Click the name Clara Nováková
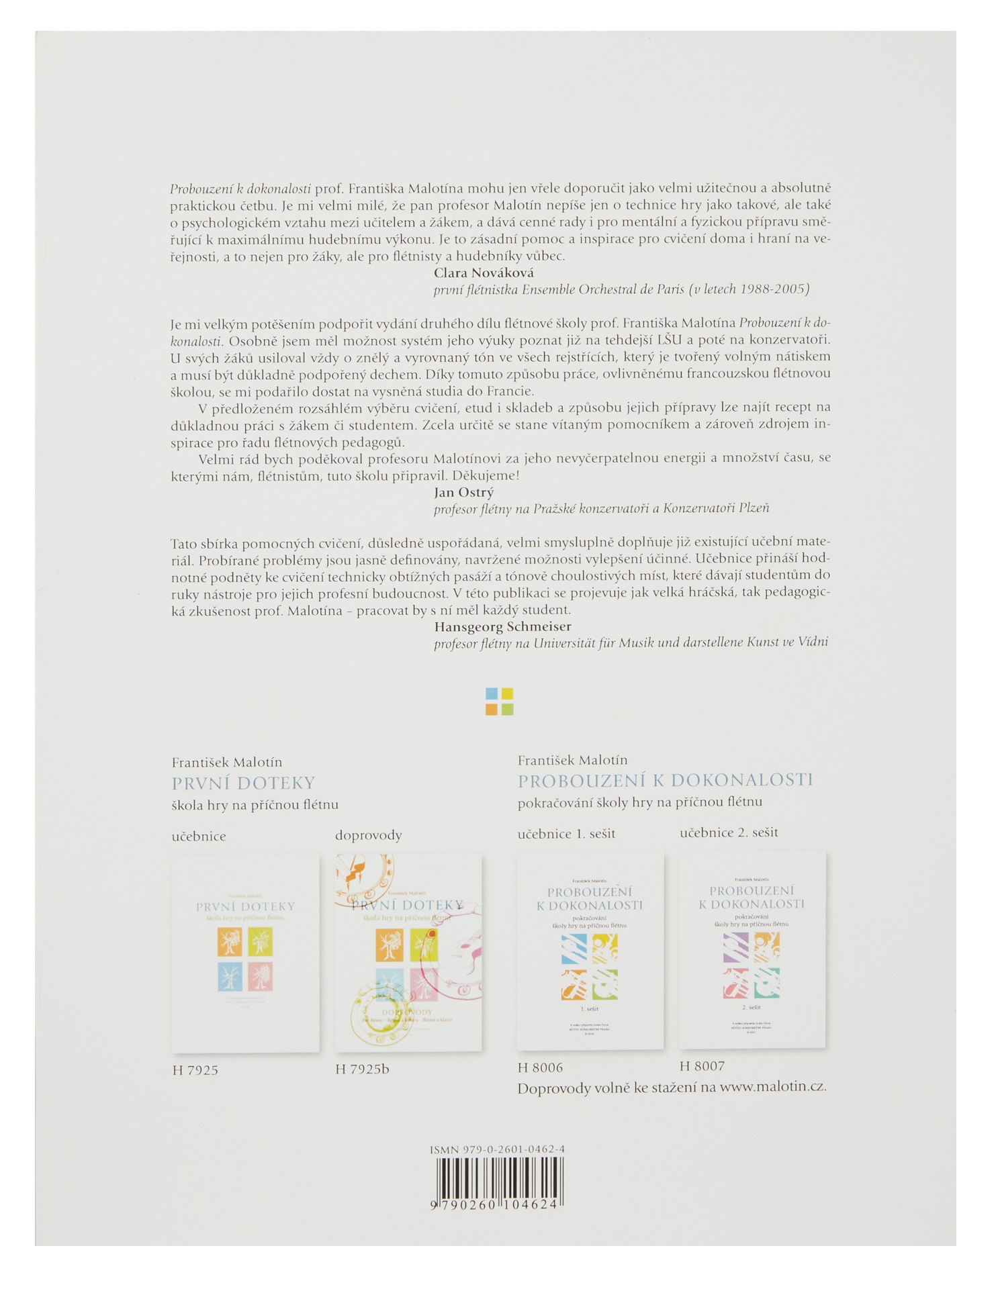(484, 273)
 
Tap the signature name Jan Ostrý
(463, 492)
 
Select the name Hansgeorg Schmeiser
(502, 626)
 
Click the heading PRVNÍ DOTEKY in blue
(243, 783)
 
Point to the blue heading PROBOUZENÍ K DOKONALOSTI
(665, 780)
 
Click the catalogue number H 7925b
(362, 1069)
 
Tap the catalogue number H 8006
(540, 1067)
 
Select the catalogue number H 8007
(702, 1065)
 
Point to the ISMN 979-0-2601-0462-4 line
(497, 1149)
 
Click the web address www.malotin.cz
(772, 1087)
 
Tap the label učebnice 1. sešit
(566, 834)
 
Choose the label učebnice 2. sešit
(729, 832)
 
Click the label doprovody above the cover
(368, 835)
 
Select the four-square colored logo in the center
(499, 702)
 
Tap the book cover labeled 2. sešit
(752, 950)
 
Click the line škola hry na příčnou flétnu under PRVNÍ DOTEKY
(255, 804)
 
